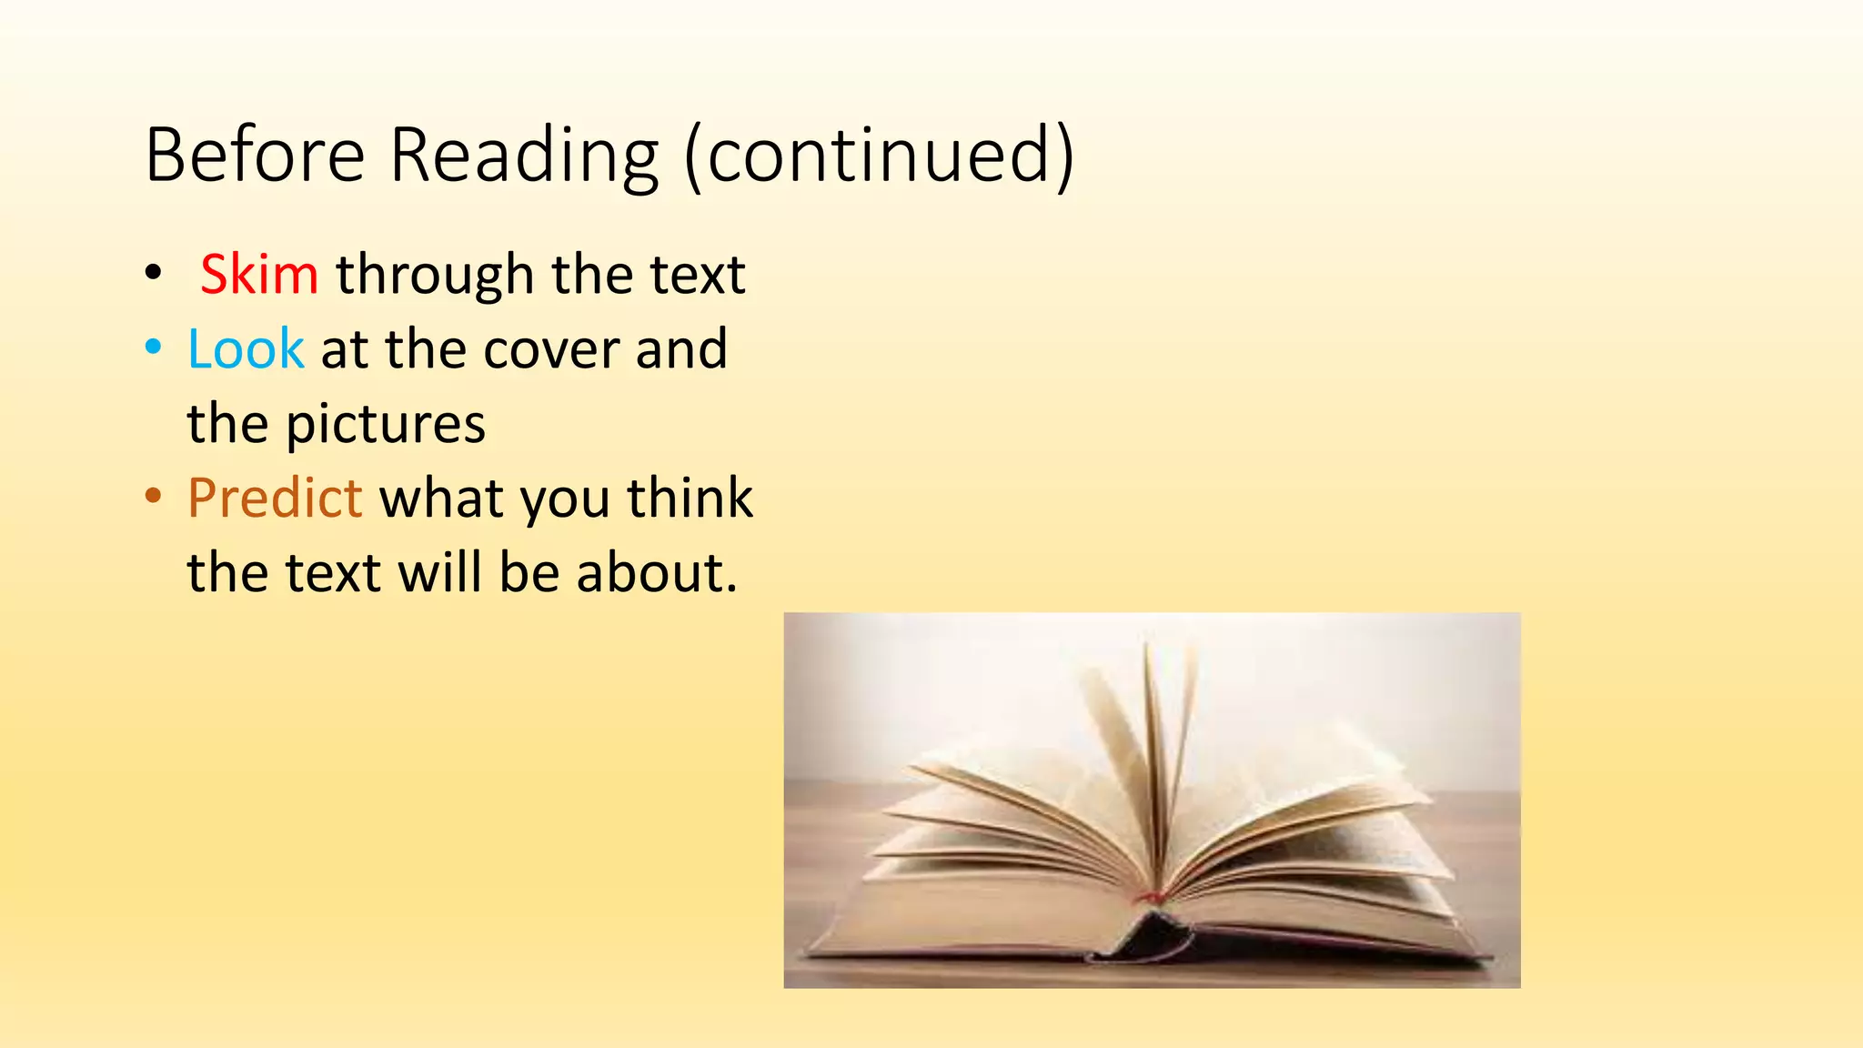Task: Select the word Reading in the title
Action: pos(524,156)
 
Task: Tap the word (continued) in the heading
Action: pos(879,156)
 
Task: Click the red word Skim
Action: pos(259,274)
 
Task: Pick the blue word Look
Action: pos(246,348)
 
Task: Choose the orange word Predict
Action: pos(275,498)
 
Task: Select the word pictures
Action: pos(386,425)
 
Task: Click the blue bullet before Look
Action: pos(154,348)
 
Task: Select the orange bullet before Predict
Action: pos(154,497)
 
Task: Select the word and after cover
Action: pos(681,349)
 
